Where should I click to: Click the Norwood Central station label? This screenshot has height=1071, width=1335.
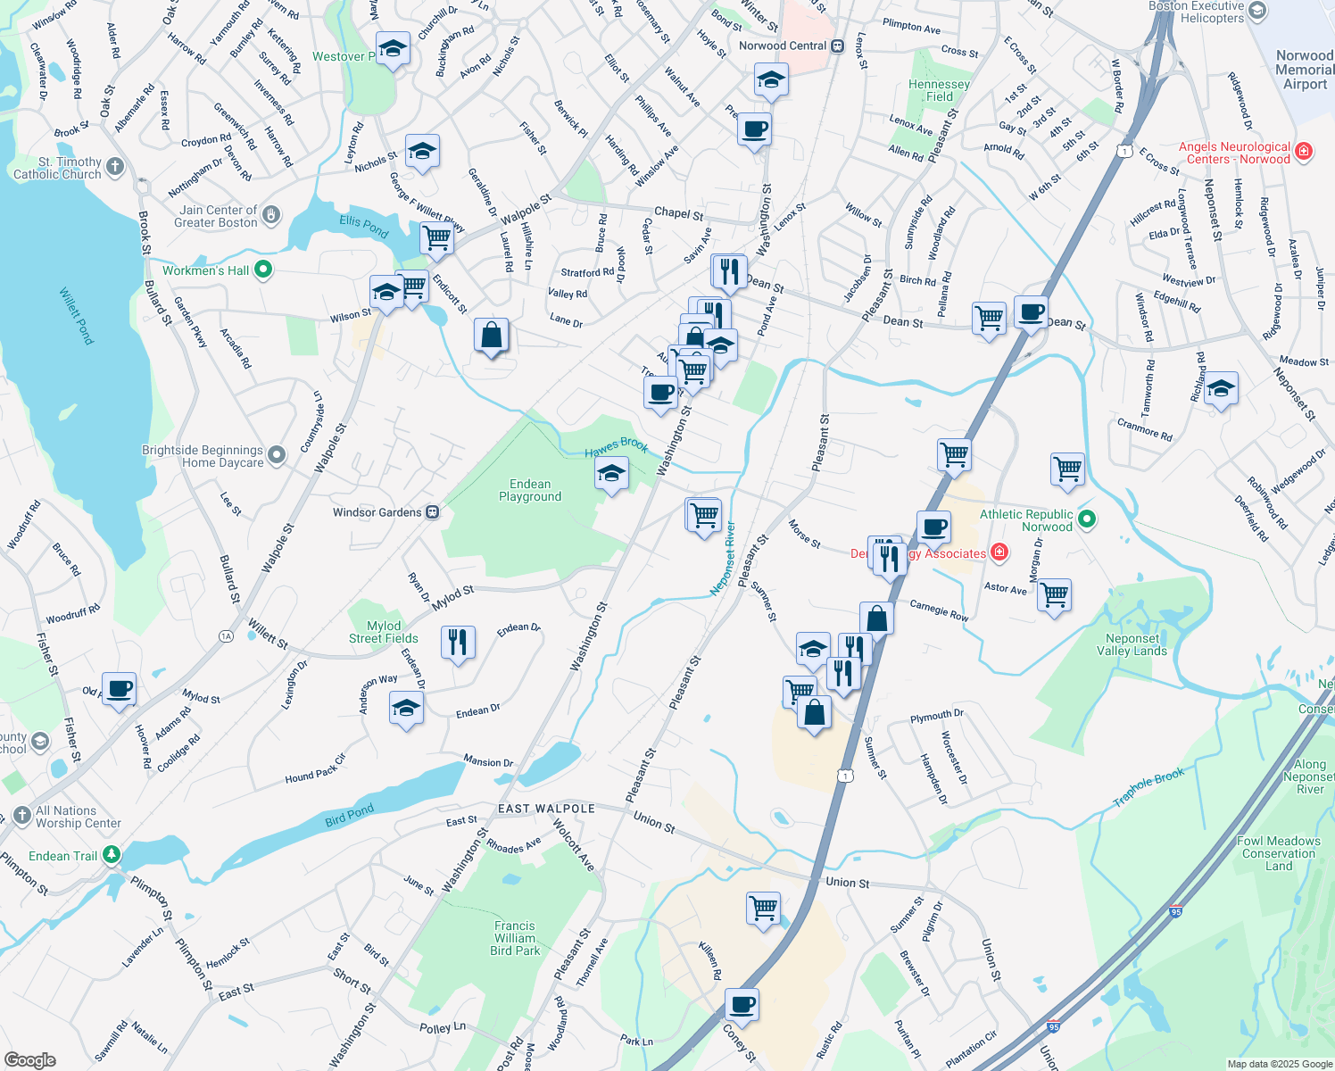pyautogui.click(x=783, y=46)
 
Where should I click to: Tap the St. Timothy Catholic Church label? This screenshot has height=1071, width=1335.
pyautogui.click(x=57, y=168)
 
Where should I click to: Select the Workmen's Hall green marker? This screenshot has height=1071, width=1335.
pyautogui.click(x=263, y=269)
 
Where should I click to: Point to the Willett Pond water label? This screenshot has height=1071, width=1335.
pyautogui.click(x=77, y=315)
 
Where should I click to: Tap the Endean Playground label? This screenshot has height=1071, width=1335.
pyautogui.click(x=530, y=490)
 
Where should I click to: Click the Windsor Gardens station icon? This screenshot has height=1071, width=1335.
pyautogui.click(x=432, y=512)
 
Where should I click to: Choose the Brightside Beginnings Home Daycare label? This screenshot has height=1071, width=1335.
pyautogui.click(x=203, y=456)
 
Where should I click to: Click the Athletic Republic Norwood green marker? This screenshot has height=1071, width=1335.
pyautogui.click(x=1087, y=519)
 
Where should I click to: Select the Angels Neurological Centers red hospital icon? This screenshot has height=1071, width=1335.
pyautogui.click(x=1303, y=152)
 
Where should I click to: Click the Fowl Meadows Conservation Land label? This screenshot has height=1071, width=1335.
pyautogui.click(x=1278, y=853)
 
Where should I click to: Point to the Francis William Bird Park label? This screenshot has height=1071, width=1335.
pyautogui.click(x=515, y=938)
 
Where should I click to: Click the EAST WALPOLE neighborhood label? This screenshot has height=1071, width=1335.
pyautogui.click(x=546, y=809)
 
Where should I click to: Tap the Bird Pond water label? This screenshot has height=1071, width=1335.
pyautogui.click(x=349, y=815)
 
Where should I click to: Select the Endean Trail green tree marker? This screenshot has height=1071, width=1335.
pyautogui.click(x=111, y=855)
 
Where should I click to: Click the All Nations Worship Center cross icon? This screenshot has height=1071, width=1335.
pyautogui.click(x=22, y=817)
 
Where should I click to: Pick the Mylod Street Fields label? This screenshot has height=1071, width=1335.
pyautogui.click(x=383, y=632)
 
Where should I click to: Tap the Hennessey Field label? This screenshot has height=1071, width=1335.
pyautogui.click(x=939, y=90)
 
